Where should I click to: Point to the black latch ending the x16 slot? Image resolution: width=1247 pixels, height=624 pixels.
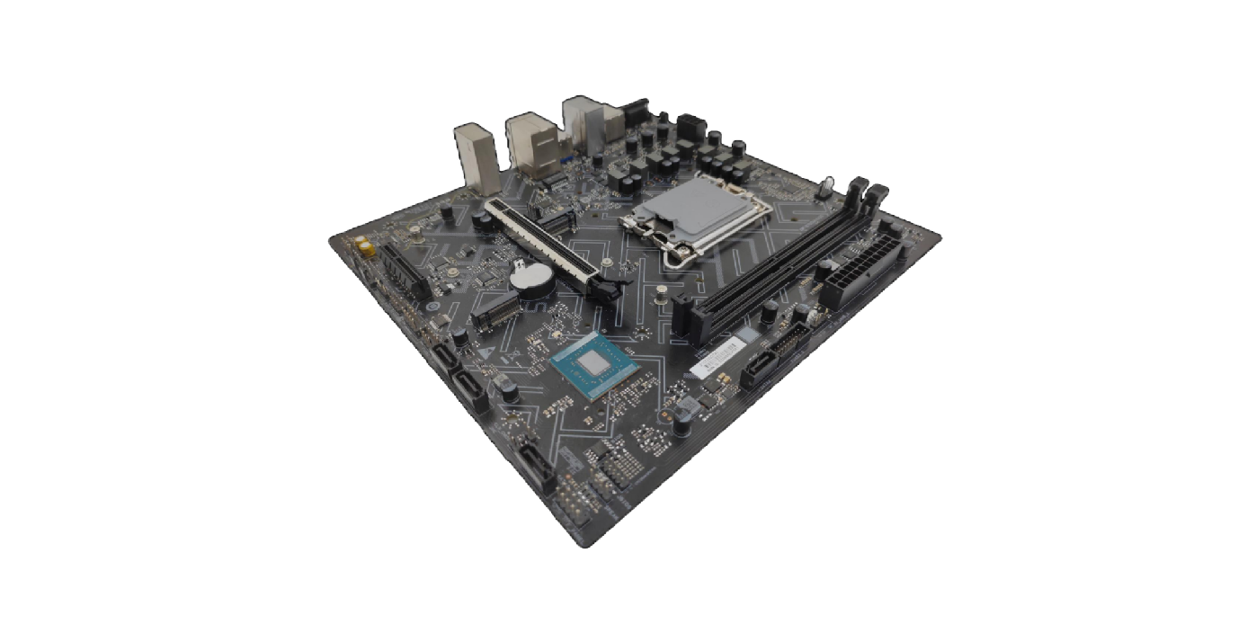tap(613, 290)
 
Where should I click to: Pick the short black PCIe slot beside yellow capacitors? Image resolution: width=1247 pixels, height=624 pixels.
tap(403, 269)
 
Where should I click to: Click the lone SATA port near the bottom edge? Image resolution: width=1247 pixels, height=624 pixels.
tap(536, 462)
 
